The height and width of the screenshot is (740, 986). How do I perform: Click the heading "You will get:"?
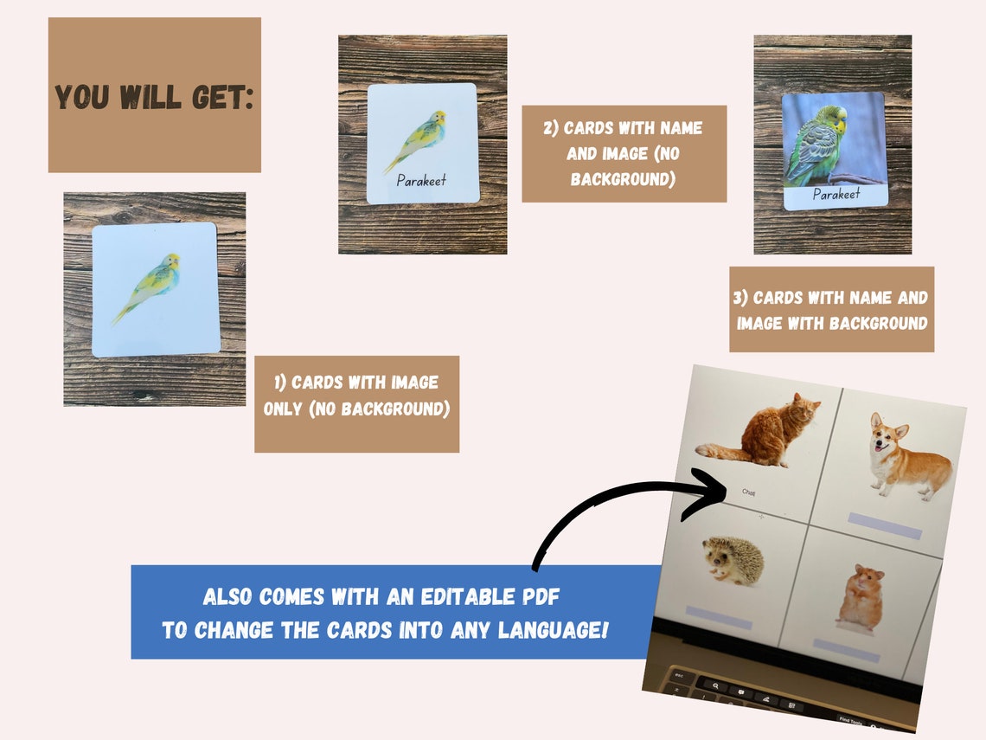[x=154, y=96]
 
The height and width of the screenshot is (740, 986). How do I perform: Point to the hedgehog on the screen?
[x=733, y=561]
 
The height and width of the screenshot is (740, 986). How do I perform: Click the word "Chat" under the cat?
[x=749, y=492]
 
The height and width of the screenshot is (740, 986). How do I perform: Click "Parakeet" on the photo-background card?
[x=836, y=195]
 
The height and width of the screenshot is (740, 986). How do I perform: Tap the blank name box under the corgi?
[x=884, y=525]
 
